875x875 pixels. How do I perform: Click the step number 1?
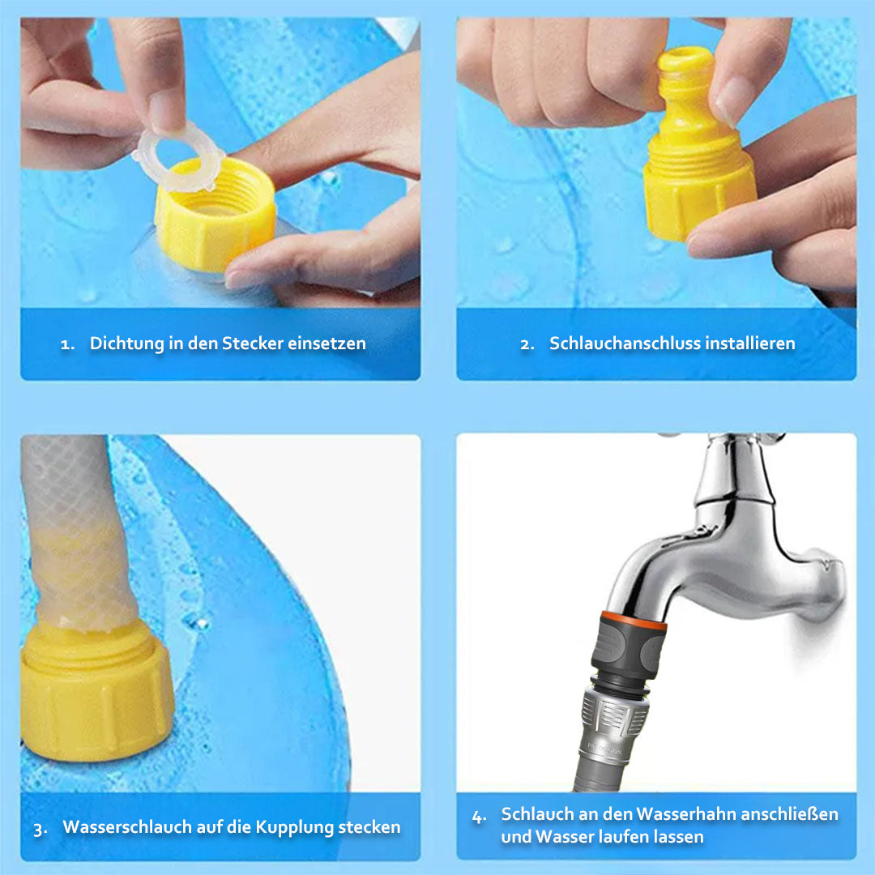pos(66,344)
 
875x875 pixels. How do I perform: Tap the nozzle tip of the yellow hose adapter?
pos(685,62)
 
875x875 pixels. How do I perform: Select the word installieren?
pos(750,344)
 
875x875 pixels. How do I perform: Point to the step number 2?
pos(527,344)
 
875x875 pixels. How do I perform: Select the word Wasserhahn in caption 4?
pos(685,813)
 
